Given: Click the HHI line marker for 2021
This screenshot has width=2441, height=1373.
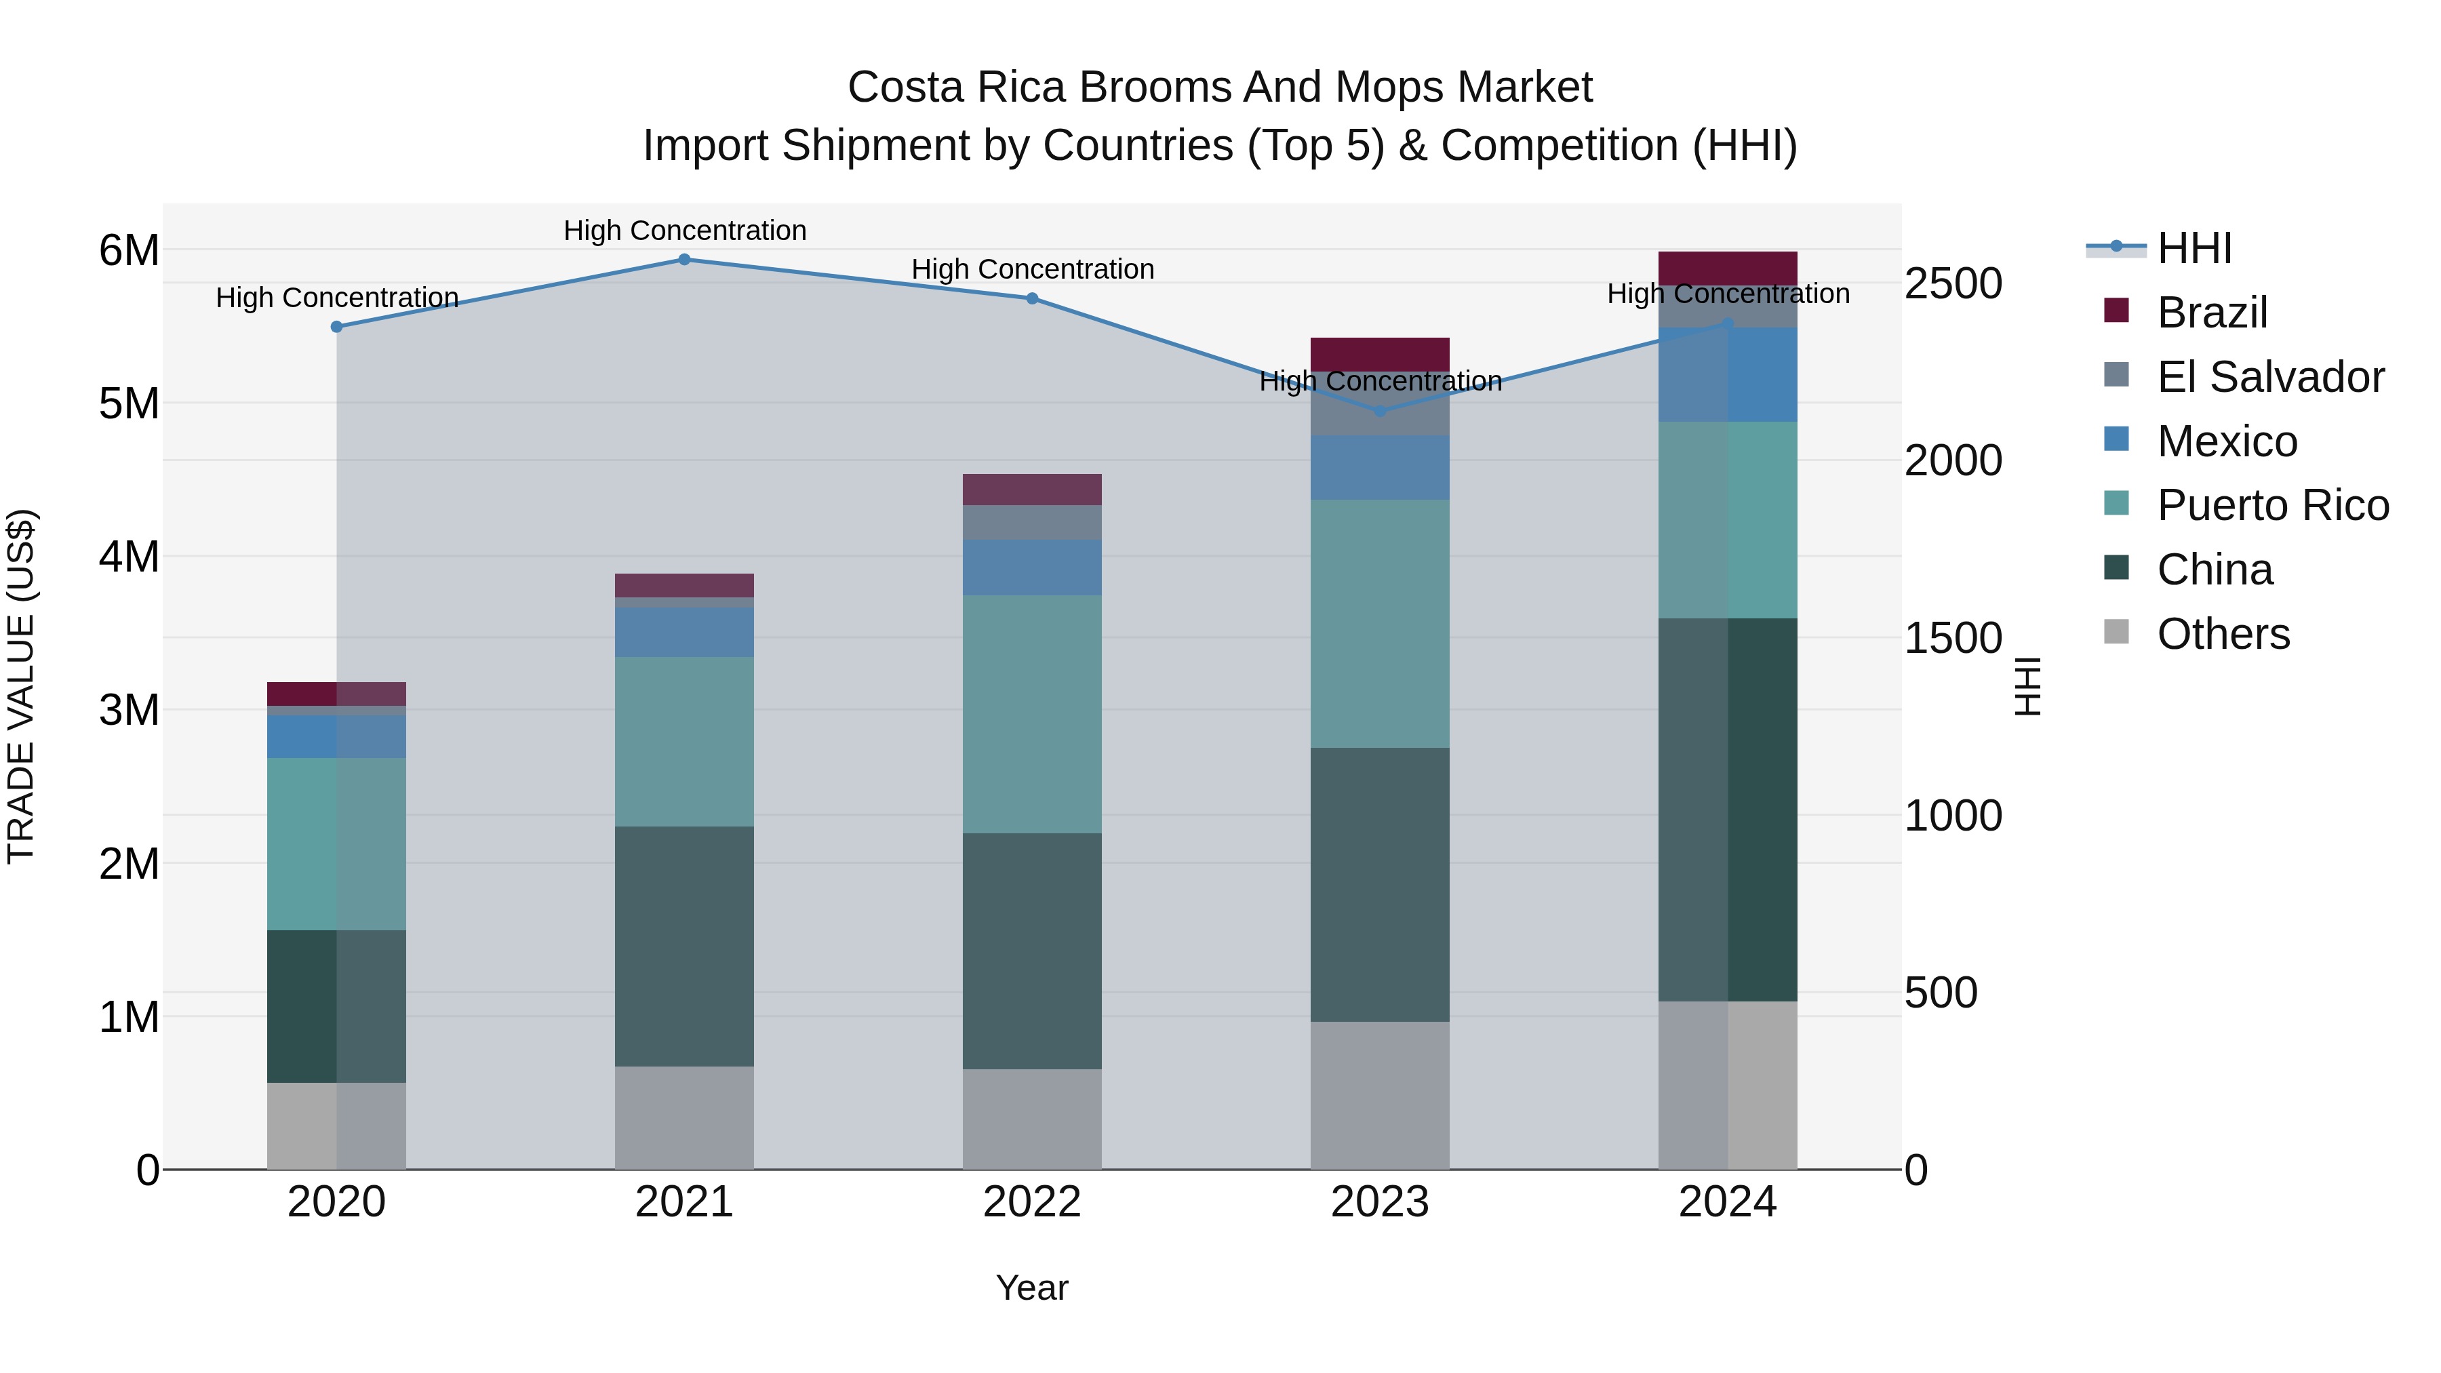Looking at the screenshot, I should (684, 260).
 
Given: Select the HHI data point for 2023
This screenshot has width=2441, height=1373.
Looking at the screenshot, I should (1380, 412).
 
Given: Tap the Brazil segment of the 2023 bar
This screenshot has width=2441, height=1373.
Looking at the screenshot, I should (1380, 353).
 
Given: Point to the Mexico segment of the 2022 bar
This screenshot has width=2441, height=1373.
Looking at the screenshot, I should (1032, 568).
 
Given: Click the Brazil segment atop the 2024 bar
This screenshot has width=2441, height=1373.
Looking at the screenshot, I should (1728, 268).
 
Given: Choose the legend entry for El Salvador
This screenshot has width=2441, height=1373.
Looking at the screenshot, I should (2270, 377).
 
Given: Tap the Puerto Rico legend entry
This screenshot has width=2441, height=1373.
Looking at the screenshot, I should (2272, 505).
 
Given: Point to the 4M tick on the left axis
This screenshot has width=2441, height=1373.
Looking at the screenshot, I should (129, 557).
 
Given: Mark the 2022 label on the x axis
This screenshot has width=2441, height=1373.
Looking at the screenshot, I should (1032, 1202).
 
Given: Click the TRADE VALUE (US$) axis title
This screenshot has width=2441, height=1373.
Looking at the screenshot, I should (21, 686).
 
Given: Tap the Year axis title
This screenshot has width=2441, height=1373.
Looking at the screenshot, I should (1032, 1288).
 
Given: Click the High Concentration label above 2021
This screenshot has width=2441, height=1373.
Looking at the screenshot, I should (684, 231).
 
